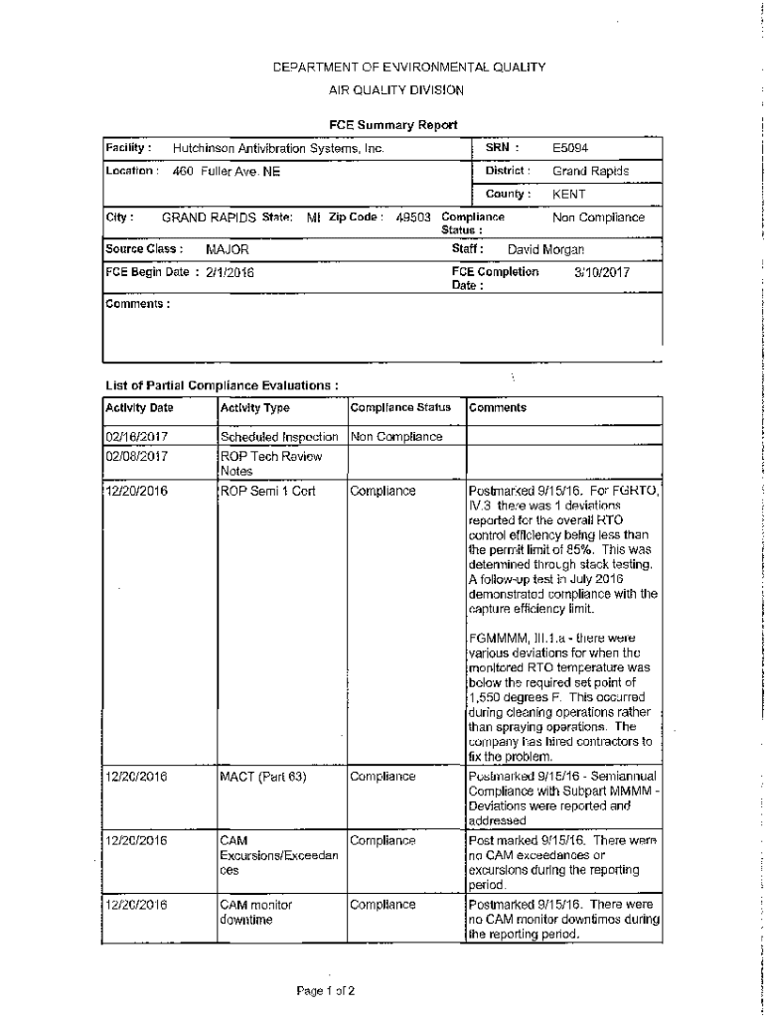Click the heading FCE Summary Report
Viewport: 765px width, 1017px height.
(393, 124)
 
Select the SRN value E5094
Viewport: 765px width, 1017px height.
(571, 148)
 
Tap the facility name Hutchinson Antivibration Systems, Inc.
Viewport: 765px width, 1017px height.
(278, 149)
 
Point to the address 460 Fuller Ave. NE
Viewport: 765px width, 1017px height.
(227, 172)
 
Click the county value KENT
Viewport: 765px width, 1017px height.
(569, 195)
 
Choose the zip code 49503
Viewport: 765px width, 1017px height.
(412, 218)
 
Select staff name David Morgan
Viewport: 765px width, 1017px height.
(545, 249)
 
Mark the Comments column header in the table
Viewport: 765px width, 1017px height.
(498, 408)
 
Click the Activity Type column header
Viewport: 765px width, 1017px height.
(254, 408)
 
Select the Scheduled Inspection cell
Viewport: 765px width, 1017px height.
(280, 437)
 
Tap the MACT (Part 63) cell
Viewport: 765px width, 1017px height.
(262, 777)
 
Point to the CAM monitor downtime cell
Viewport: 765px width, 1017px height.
(256, 913)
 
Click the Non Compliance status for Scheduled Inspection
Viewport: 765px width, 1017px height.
(395, 436)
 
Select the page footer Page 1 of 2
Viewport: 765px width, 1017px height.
(325, 990)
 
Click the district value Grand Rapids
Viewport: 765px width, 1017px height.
(590, 171)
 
